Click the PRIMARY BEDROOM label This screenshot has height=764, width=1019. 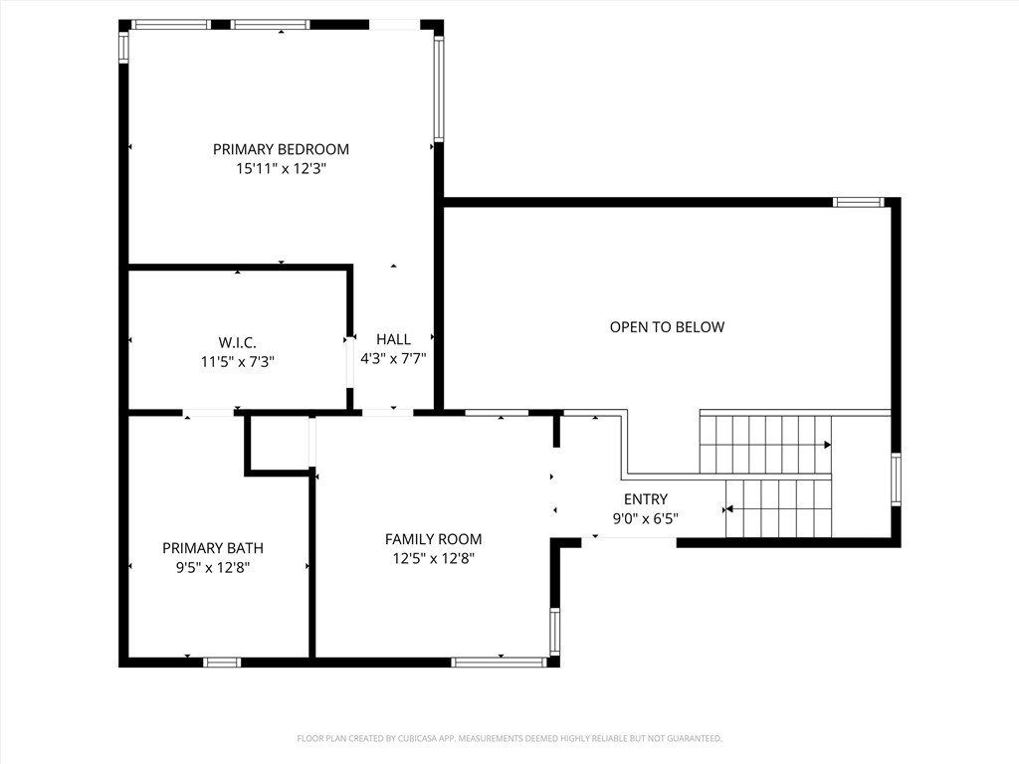point(281,149)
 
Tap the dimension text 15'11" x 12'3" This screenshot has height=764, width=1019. point(281,169)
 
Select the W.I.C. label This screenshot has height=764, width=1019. point(237,341)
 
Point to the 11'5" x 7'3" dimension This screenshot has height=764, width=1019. point(237,361)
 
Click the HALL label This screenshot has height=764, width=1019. point(393,339)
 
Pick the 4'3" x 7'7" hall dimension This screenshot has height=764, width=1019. point(393,358)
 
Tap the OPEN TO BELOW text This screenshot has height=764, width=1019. point(667,326)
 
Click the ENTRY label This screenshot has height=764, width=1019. point(646,498)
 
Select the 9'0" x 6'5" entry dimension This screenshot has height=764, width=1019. point(646,517)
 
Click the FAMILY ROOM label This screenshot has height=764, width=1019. point(433,539)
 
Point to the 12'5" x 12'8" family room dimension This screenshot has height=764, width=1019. point(433,558)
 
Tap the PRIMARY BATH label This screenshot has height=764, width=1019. point(213,547)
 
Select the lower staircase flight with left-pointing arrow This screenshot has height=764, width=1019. point(778,508)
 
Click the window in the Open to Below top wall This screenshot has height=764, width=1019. point(858,202)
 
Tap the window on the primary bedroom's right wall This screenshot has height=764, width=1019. point(438,90)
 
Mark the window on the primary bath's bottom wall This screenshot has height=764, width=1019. point(222,662)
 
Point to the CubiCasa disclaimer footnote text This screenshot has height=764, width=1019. point(509,738)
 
